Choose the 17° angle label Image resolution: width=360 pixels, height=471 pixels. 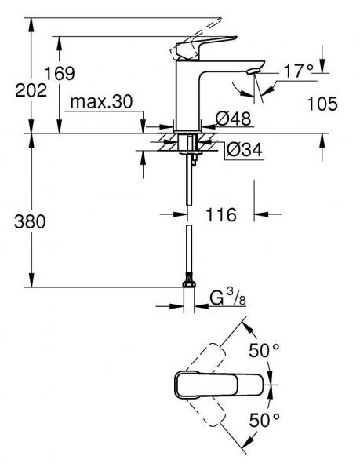point(299,71)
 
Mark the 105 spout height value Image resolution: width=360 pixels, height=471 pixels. point(322,103)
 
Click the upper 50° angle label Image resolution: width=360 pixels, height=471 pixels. point(265,350)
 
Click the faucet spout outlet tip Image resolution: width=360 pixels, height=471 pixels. point(251,72)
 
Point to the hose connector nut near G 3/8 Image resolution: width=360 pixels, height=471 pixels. point(187,280)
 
